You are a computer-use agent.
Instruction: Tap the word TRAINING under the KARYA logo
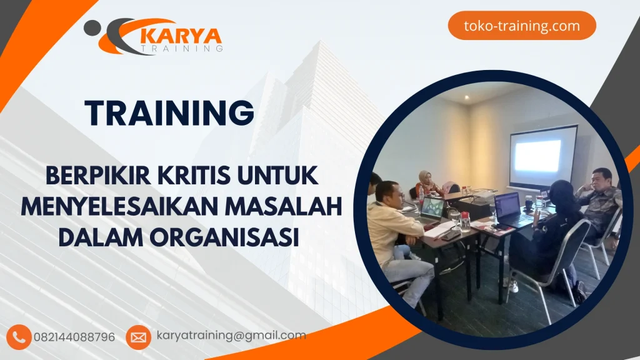182,49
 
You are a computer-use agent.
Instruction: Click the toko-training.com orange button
522,26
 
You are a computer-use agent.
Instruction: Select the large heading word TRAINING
170,114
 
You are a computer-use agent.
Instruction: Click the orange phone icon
20,337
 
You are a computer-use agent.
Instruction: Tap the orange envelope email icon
138,337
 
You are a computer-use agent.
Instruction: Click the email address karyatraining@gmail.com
231,336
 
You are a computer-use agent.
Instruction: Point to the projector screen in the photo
542,156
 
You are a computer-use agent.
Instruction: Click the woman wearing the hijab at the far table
427,182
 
